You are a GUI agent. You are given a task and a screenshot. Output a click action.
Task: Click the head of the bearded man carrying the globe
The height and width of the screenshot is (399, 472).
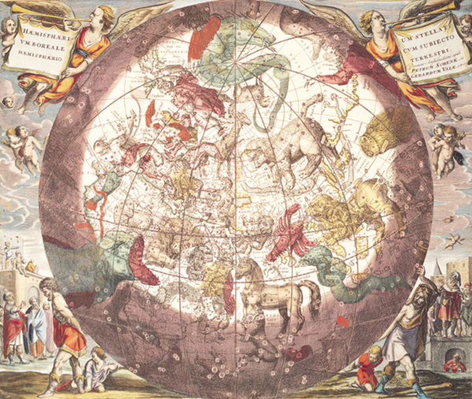click(420, 295)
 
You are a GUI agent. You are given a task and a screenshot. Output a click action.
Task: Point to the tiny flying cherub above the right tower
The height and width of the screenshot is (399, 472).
click(454, 240)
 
